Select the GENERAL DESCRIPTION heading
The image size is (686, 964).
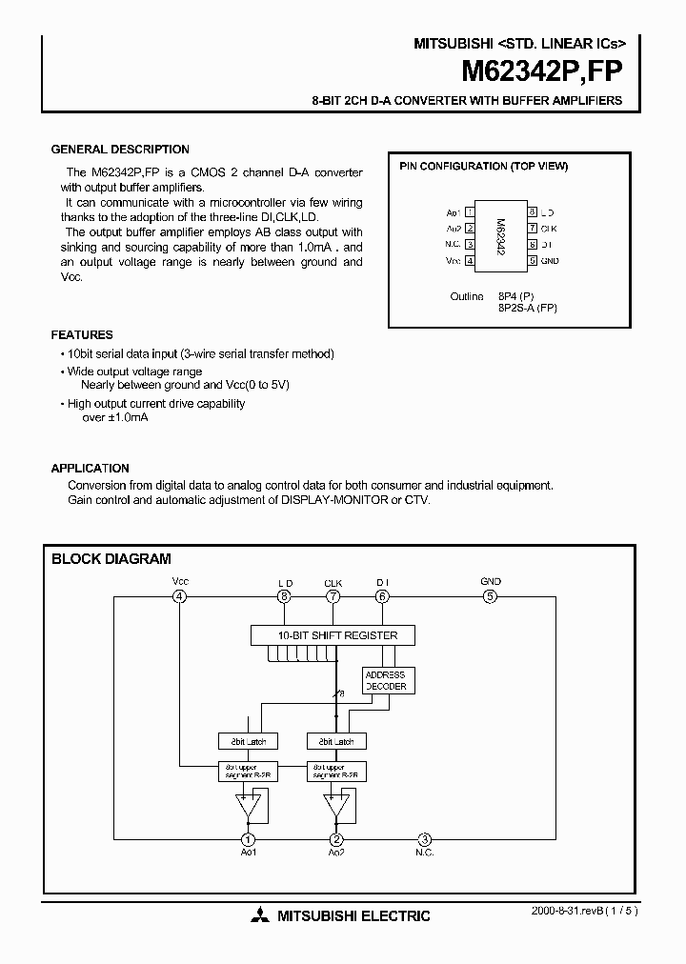[120, 150]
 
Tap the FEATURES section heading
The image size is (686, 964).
[82, 335]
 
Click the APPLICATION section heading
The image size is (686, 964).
[90, 469]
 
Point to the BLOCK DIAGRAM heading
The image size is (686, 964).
[111, 559]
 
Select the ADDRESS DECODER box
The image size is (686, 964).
[386, 680]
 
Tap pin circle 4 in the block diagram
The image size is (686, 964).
[179, 596]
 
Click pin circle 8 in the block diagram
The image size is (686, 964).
[284, 596]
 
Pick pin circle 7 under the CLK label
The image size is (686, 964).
[333, 596]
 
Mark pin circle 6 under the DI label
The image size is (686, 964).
[382, 596]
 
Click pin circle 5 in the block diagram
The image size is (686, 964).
[490, 596]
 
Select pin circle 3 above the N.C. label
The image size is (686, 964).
[425, 839]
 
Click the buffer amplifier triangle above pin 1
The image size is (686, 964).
[249, 805]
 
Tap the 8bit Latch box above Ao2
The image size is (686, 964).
[335, 741]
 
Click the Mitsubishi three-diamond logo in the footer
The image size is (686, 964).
[260, 916]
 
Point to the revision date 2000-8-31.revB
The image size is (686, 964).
[567, 911]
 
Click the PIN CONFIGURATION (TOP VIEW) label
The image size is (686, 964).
[483, 166]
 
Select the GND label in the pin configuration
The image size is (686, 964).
[550, 260]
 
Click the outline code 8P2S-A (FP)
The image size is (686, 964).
[528, 308]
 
